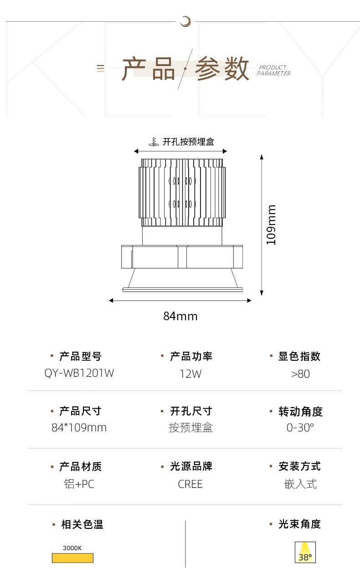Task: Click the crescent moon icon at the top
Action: [185, 20]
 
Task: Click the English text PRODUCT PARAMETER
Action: [273, 70]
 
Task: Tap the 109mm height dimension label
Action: [272, 225]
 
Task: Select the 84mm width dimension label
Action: [180, 316]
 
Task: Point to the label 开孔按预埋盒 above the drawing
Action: [188, 142]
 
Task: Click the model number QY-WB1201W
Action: [79, 373]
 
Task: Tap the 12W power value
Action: [190, 374]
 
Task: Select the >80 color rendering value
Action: [300, 374]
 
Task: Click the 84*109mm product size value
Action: [79, 428]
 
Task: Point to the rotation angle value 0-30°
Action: [300, 428]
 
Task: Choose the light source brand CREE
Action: [190, 484]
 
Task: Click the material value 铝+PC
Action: [79, 484]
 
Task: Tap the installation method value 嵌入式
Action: [300, 484]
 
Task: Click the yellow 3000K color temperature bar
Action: [72, 558]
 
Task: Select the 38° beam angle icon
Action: [305, 552]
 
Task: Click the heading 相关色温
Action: [82, 525]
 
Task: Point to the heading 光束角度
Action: [299, 524]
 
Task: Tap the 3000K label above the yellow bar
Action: [72, 548]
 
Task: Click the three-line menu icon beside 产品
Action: [100, 68]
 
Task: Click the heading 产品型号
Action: [80, 356]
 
